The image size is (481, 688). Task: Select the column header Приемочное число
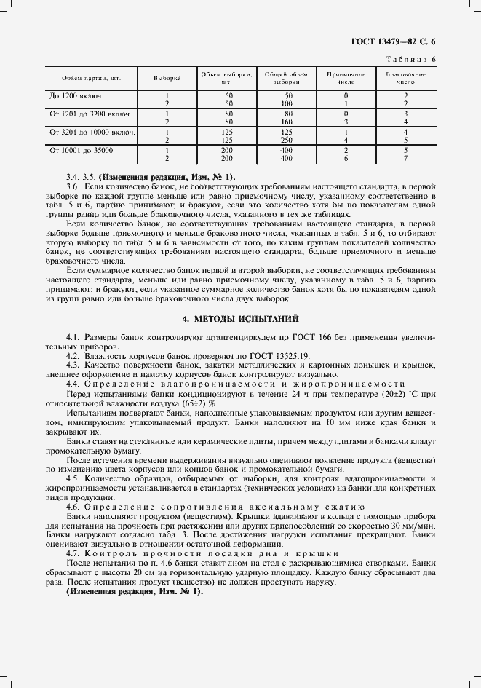click(x=346, y=79)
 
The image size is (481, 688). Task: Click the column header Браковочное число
click(x=405, y=79)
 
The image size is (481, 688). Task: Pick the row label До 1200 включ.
click(x=76, y=95)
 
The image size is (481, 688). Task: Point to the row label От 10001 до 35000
click(x=82, y=150)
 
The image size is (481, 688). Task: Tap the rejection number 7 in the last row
click(x=405, y=158)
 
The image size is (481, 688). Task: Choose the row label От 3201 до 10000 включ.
click(x=92, y=132)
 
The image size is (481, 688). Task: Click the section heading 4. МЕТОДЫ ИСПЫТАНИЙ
click(x=240, y=319)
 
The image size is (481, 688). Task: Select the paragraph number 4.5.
click(x=73, y=478)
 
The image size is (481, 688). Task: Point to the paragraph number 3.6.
click(x=73, y=187)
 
